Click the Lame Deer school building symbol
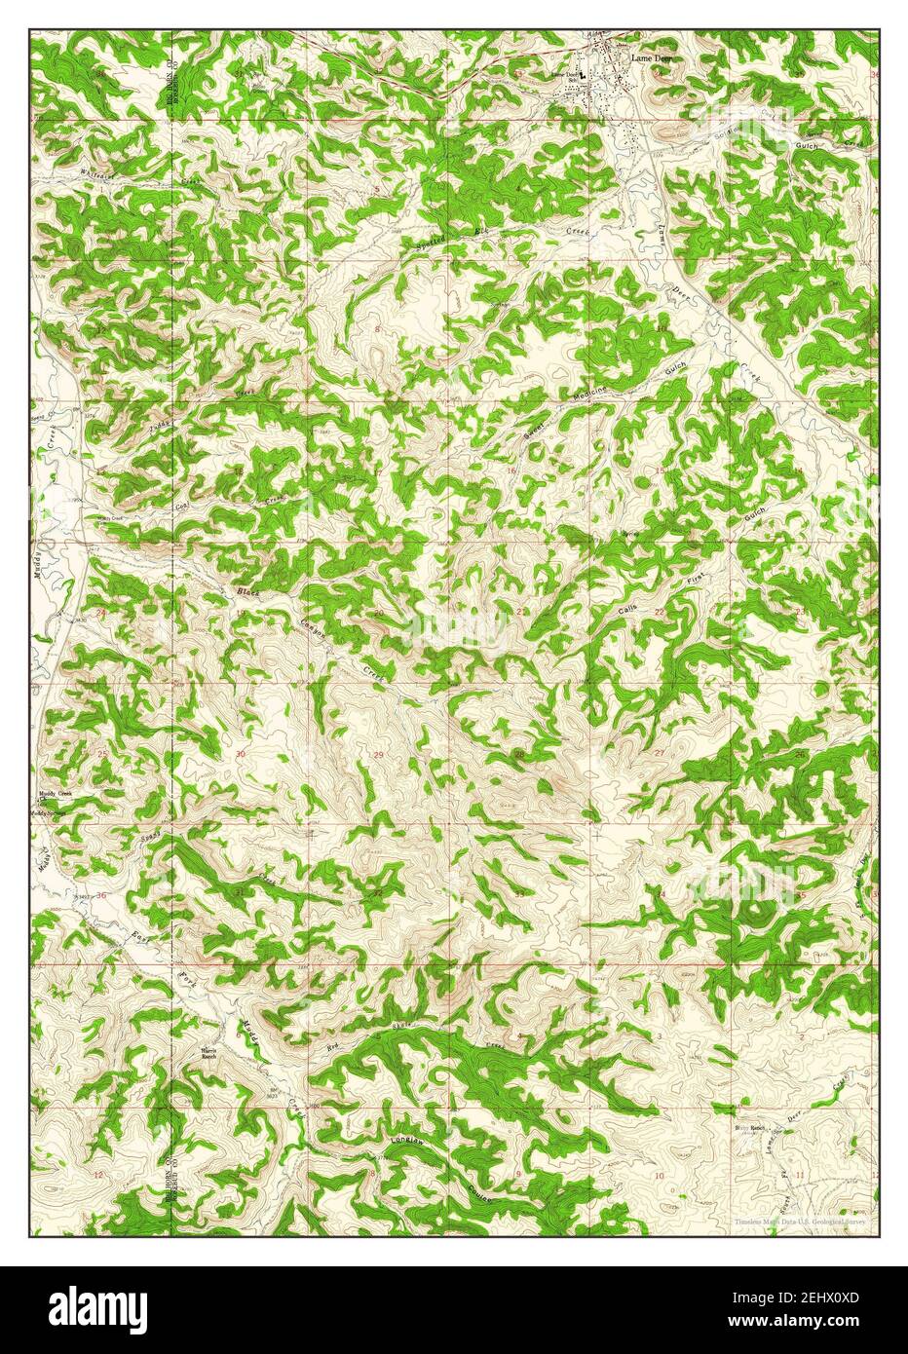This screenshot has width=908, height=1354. (582, 74)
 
